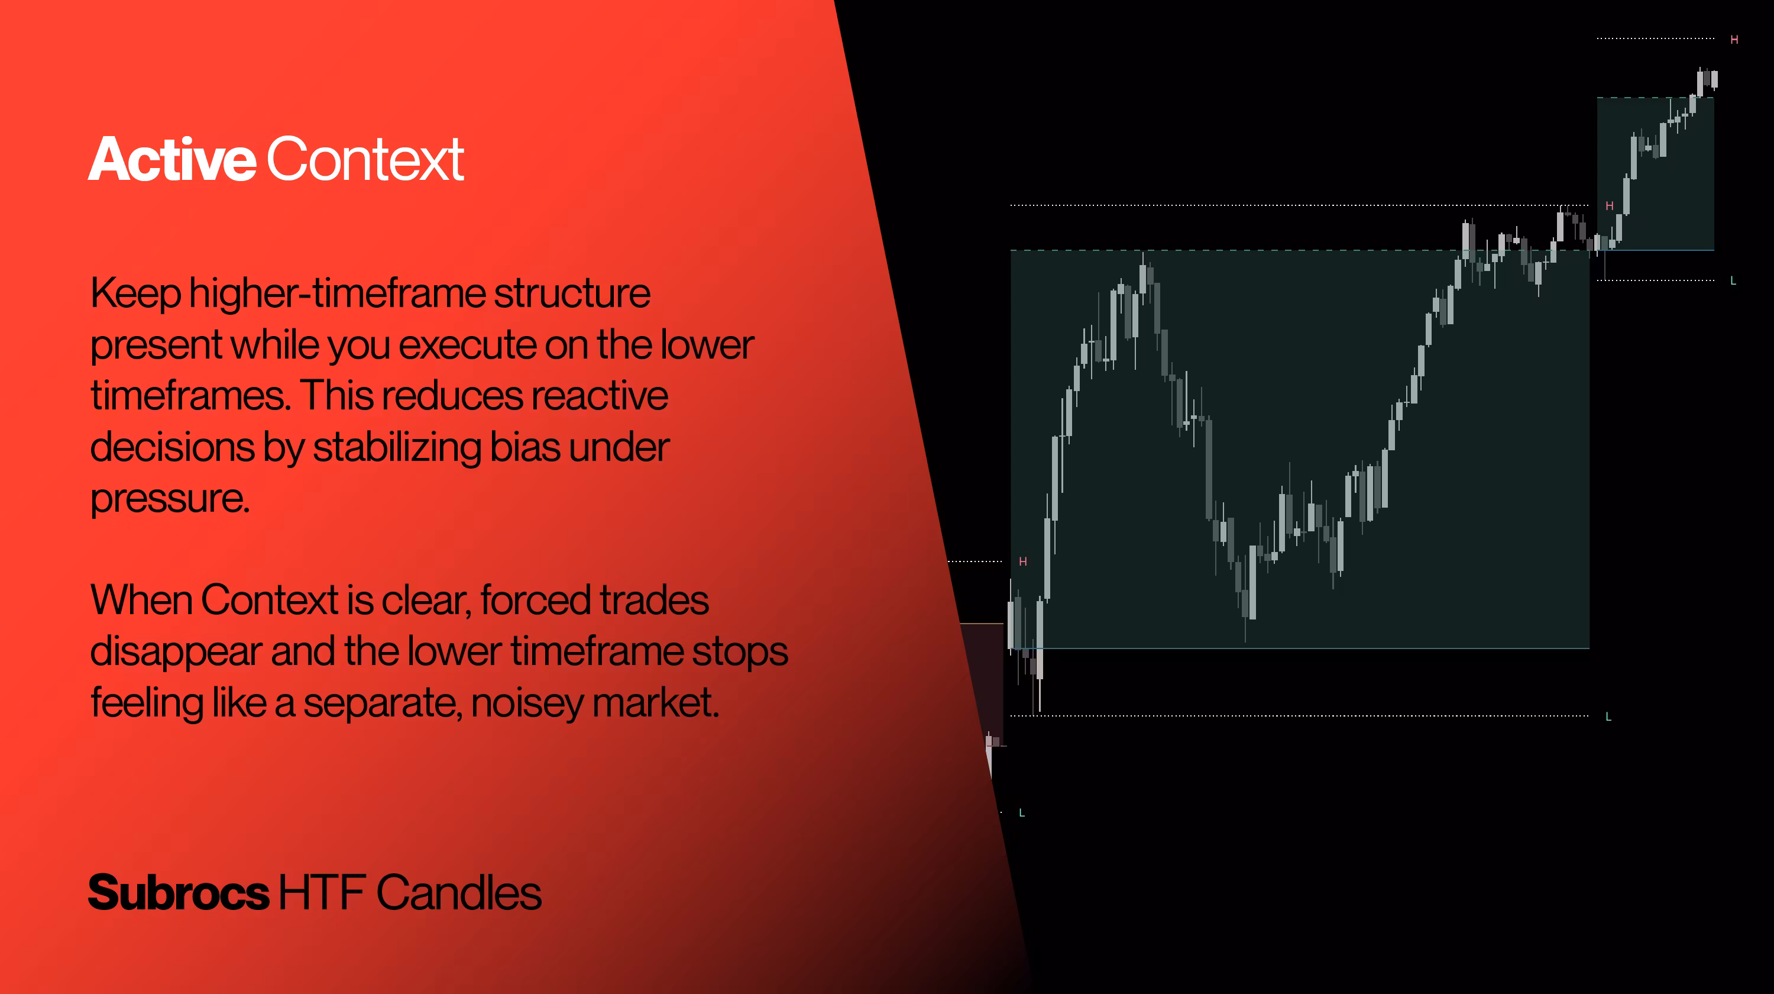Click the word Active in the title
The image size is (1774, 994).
[172, 159]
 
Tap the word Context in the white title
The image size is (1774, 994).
[365, 159]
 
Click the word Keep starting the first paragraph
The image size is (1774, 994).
[135, 294]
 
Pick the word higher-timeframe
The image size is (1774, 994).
[338, 294]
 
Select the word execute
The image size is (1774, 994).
[468, 344]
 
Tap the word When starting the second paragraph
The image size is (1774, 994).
[141, 599]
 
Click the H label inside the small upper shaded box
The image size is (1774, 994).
[1610, 206]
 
